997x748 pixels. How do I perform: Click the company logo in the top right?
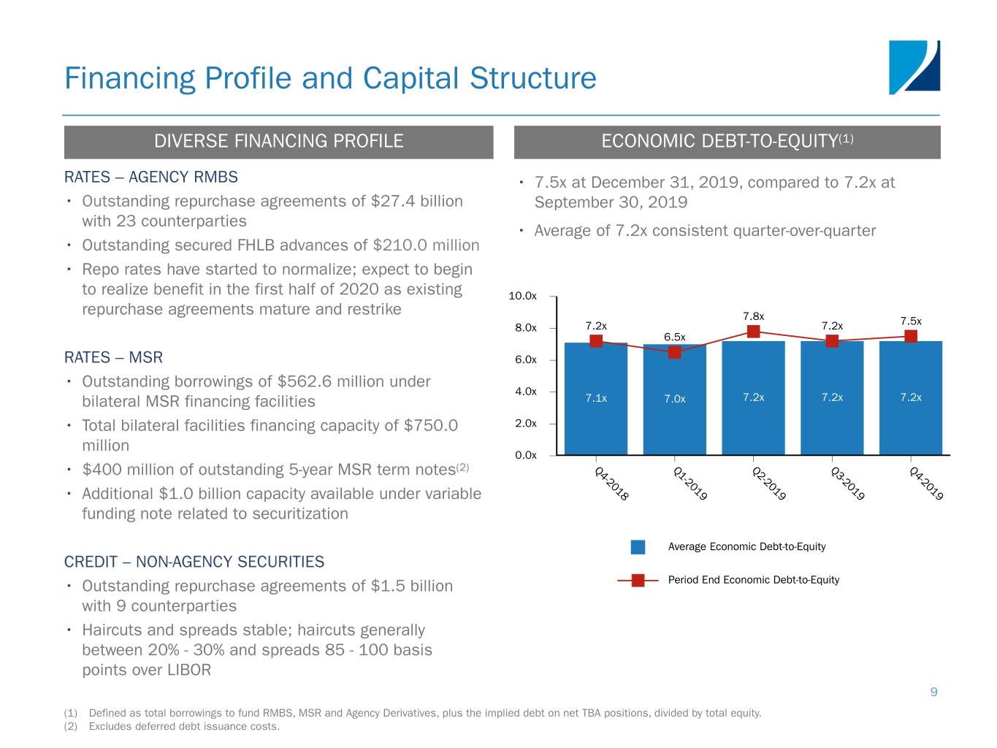(x=914, y=67)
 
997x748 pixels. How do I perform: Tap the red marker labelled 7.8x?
(x=753, y=332)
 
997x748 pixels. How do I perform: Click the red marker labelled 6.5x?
(x=674, y=352)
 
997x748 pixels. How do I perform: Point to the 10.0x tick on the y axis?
(x=522, y=296)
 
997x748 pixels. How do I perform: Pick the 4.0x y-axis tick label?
(x=525, y=392)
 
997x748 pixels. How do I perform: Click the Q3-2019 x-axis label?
(x=847, y=484)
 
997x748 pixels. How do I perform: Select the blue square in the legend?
(x=638, y=547)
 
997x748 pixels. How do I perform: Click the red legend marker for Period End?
(x=638, y=581)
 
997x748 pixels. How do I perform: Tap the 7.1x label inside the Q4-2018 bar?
(x=596, y=398)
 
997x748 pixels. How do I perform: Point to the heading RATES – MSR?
(x=113, y=357)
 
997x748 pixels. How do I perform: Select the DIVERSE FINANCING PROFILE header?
(x=278, y=142)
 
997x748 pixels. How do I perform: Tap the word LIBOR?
(x=188, y=671)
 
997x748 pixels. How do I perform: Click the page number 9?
(x=933, y=692)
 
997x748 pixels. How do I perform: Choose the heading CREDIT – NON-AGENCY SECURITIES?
(x=194, y=562)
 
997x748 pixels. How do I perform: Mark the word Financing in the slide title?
(x=130, y=78)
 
